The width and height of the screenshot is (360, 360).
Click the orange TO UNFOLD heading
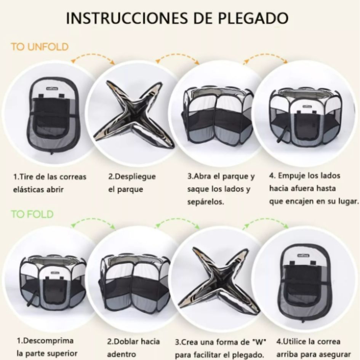pyautogui.click(x=40, y=47)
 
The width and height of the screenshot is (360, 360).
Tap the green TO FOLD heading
pyautogui.click(x=32, y=214)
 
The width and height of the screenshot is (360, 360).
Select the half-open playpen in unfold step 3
pyautogui.click(x=218, y=114)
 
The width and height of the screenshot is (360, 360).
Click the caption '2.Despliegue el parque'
pyautogui.click(x=132, y=183)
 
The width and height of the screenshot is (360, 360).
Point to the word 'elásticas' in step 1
pyautogui.click(x=30, y=189)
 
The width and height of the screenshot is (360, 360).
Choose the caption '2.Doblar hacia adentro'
pyautogui.click(x=133, y=347)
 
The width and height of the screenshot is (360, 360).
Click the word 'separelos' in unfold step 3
pyautogui.click(x=205, y=202)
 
